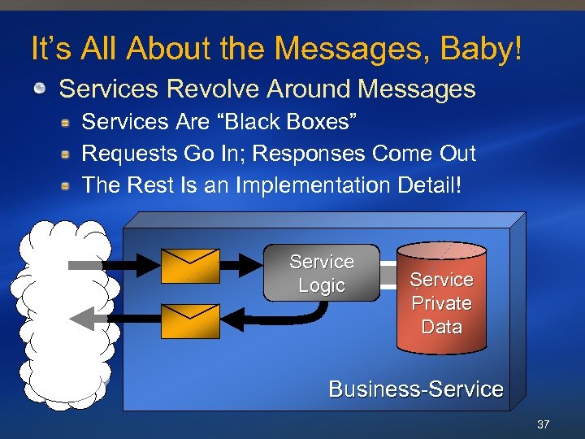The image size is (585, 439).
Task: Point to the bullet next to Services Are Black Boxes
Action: coord(68,123)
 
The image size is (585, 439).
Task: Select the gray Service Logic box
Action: coord(322,273)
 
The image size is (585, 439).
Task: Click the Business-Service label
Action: coord(415,389)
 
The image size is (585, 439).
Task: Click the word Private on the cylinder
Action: coord(441,303)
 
